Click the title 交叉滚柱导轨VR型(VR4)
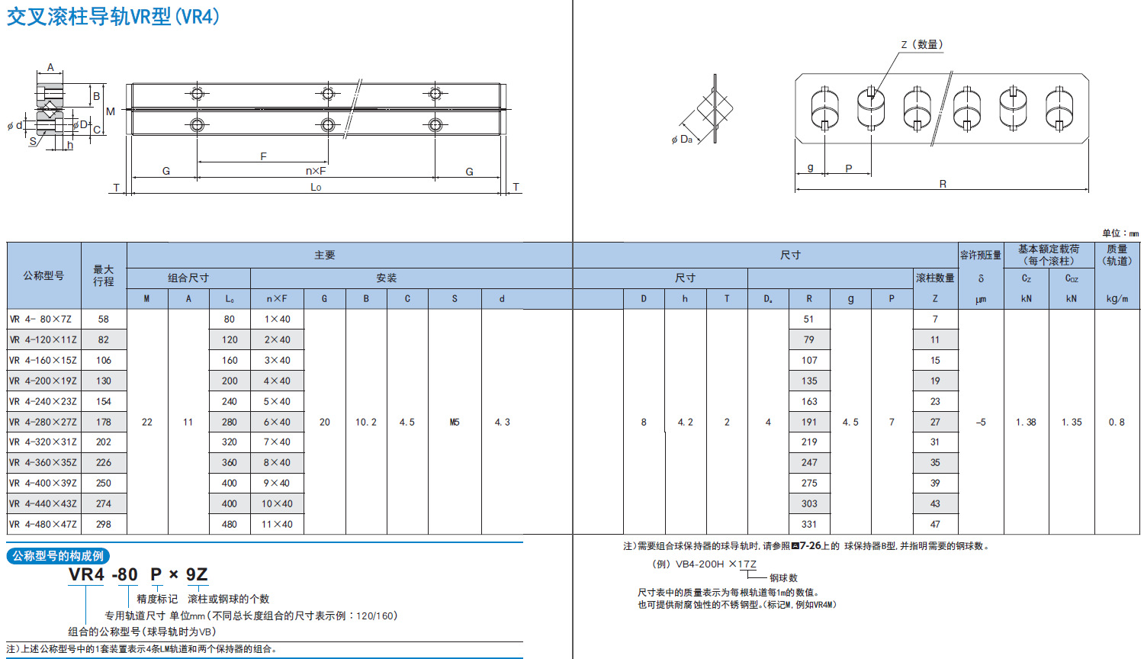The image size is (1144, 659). pyautogui.click(x=113, y=17)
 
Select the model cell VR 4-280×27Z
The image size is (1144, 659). pyautogui.click(x=43, y=422)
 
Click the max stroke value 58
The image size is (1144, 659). pyautogui.click(x=104, y=319)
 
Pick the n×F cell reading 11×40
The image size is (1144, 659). pyautogui.click(x=277, y=524)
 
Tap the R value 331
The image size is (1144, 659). pyautogui.click(x=809, y=524)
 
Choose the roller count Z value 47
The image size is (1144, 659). pyautogui.click(x=935, y=524)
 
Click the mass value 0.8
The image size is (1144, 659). pyautogui.click(x=1117, y=422)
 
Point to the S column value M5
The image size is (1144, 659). pyautogui.click(x=455, y=422)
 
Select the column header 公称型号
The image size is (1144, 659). pyautogui.click(x=43, y=275)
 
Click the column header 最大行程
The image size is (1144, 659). pyautogui.click(x=104, y=275)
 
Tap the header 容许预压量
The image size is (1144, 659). pyautogui.click(x=980, y=255)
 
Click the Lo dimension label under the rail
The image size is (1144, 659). pyautogui.click(x=316, y=187)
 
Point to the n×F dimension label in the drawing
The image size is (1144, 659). pyautogui.click(x=316, y=171)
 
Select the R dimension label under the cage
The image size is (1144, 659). pyautogui.click(x=943, y=184)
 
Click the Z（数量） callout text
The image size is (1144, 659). pyautogui.click(x=921, y=44)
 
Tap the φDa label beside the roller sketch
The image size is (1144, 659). pyautogui.click(x=682, y=139)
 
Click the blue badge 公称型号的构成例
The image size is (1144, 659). pyautogui.click(x=58, y=556)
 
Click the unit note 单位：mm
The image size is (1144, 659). pyautogui.click(x=1120, y=233)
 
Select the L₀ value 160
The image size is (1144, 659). pyautogui.click(x=230, y=360)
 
